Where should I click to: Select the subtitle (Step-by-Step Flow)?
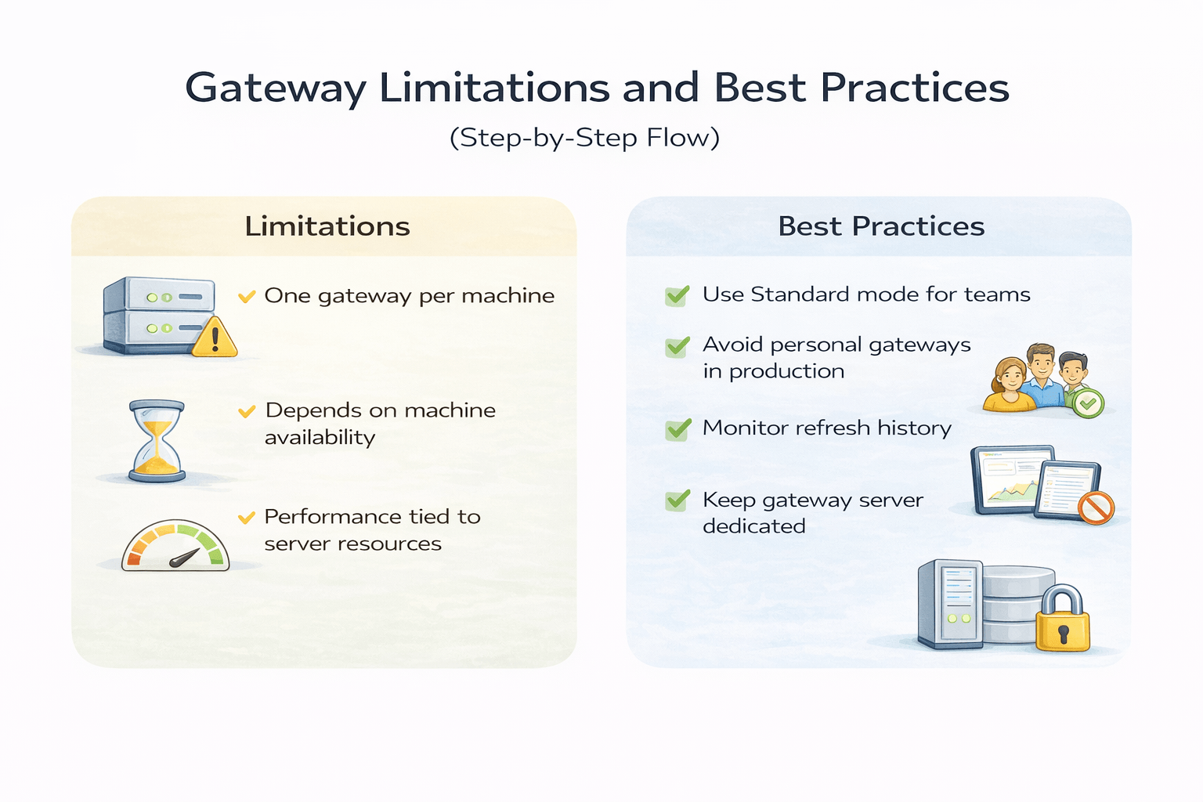(x=584, y=138)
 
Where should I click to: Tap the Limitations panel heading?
(x=327, y=226)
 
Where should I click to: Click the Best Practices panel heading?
(x=881, y=226)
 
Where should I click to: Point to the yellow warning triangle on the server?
(x=214, y=338)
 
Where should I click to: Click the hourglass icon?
(x=157, y=440)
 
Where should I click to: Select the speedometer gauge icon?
(x=175, y=546)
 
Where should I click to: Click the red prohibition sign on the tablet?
(x=1096, y=507)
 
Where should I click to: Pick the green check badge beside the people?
(x=1087, y=403)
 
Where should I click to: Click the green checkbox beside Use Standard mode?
(x=677, y=295)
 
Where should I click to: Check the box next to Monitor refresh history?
(x=677, y=429)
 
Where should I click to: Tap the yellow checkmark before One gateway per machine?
(x=247, y=296)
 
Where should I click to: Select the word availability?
(x=320, y=437)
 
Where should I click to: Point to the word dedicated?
(x=753, y=526)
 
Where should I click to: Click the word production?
(x=786, y=371)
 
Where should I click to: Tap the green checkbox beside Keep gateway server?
(x=677, y=500)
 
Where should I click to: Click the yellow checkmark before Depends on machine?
(x=247, y=411)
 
